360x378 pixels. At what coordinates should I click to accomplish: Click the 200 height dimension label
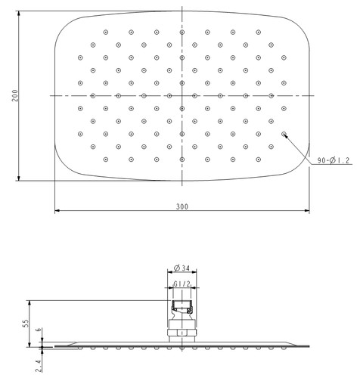(x=15, y=95)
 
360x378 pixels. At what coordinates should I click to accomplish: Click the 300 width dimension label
(x=182, y=206)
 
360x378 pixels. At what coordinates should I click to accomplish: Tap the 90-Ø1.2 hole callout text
(x=334, y=160)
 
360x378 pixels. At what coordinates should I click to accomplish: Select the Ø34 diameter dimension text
(x=182, y=268)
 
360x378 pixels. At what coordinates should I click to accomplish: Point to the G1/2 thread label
(x=182, y=284)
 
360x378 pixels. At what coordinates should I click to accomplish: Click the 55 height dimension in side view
(x=26, y=324)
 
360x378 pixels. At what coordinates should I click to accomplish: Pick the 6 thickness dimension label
(x=39, y=330)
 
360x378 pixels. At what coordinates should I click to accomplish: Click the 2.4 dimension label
(x=39, y=366)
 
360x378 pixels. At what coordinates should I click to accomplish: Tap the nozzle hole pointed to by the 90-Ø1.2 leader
(x=284, y=134)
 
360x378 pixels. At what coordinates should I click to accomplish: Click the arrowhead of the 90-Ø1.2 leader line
(x=286, y=136)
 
